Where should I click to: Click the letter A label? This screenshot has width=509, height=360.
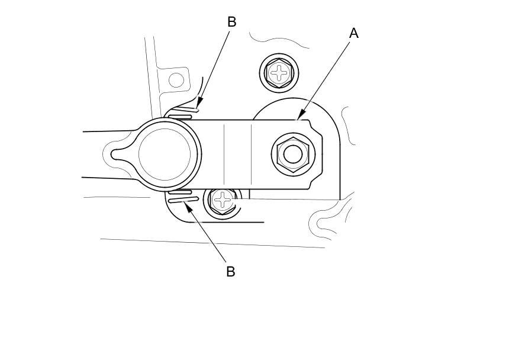click(x=354, y=33)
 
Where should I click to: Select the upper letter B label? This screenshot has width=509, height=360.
click(x=231, y=22)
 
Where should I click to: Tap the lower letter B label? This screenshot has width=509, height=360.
click(x=231, y=272)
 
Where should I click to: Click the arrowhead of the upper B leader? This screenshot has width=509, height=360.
click(x=198, y=108)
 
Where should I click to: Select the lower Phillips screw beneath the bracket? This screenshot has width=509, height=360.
click(x=223, y=201)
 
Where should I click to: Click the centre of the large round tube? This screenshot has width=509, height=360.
click(x=165, y=153)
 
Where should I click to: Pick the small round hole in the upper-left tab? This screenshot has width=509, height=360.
click(x=176, y=79)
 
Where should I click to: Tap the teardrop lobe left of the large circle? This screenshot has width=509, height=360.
click(x=121, y=153)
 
